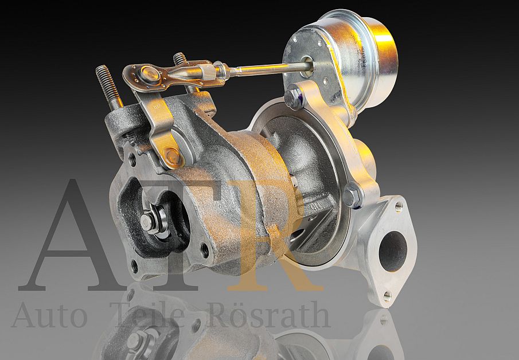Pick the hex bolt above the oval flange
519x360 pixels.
pos(352,196)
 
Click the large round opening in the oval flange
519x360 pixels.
pos(393,251)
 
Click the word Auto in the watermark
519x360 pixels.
pos(49,315)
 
